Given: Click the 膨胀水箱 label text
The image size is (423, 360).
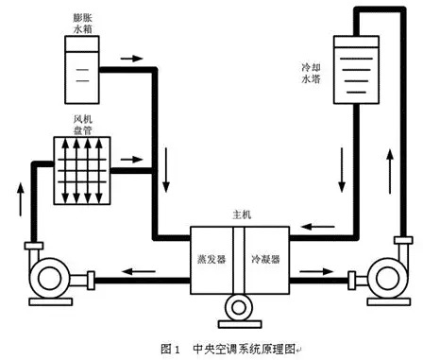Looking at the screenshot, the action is pyautogui.click(x=82, y=24).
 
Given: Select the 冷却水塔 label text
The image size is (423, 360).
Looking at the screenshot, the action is pyautogui.click(x=311, y=73).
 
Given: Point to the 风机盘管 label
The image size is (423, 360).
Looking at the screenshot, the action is pyautogui.click(x=82, y=125).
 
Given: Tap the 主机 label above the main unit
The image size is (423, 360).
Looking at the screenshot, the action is pyautogui.click(x=242, y=214).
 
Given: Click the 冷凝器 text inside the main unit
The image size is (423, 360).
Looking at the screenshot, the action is pyautogui.click(x=265, y=259).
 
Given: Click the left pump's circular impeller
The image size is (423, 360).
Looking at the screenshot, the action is pyautogui.click(x=49, y=278).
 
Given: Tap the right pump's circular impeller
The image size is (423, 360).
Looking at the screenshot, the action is pyautogui.click(x=387, y=278).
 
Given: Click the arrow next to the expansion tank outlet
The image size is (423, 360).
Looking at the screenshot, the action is pyautogui.click(x=131, y=59).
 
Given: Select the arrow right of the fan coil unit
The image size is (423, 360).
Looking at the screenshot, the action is pyautogui.click(x=131, y=160).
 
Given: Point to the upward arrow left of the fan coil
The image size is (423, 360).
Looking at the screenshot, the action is pyautogui.click(x=21, y=199).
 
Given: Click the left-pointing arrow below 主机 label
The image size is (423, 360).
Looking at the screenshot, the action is pyautogui.click(x=317, y=227).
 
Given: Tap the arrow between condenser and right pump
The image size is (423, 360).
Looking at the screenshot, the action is pyautogui.click(x=316, y=271).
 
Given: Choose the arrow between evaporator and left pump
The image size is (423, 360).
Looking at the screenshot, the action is pyautogui.click(x=139, y=271).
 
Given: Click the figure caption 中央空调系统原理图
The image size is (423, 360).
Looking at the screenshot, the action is pyautogui.click(x=244, y=349).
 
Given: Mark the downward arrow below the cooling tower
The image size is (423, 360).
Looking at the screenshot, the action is pyautogui.click(x=342, y=170).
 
